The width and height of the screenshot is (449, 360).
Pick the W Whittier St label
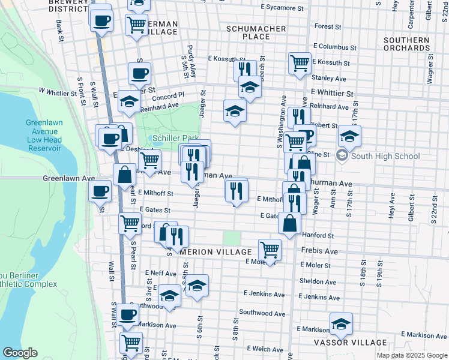[x=62, y=90]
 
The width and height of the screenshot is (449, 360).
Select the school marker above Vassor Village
[x=341, y=324]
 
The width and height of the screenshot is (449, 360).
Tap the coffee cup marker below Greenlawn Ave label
[x=100, y=191]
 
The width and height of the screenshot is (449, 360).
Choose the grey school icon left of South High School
[x=342, y=157]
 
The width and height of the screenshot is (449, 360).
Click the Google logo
[x=20, y=353]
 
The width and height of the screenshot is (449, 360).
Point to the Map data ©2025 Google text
[x=411, y=355]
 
